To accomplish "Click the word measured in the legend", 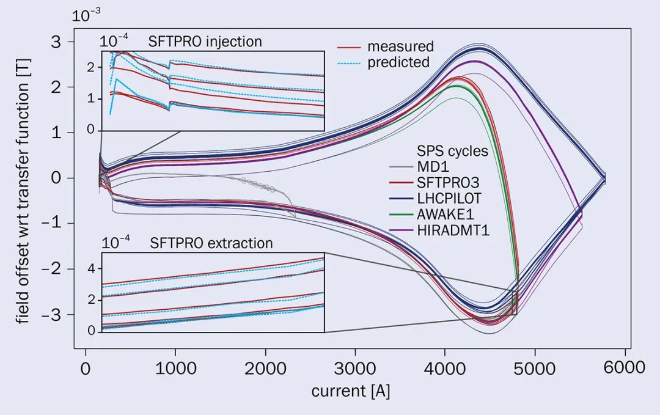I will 400,46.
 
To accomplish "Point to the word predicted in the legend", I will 398,62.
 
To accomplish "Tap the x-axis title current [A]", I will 350,391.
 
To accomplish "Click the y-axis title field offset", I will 23,202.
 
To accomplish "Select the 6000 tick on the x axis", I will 624,368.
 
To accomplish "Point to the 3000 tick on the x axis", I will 355,368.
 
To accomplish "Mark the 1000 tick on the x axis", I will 175,368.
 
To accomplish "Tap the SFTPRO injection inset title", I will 205,42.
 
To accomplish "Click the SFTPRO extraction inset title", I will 211,243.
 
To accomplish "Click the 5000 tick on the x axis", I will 535,368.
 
